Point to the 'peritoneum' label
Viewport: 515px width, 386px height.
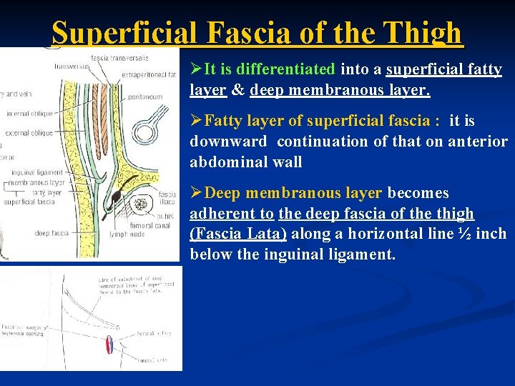(x=146, y=96)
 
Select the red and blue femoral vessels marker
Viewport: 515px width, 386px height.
(x=110, y=344)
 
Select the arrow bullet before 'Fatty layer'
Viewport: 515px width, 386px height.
(x=197, y=122)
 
